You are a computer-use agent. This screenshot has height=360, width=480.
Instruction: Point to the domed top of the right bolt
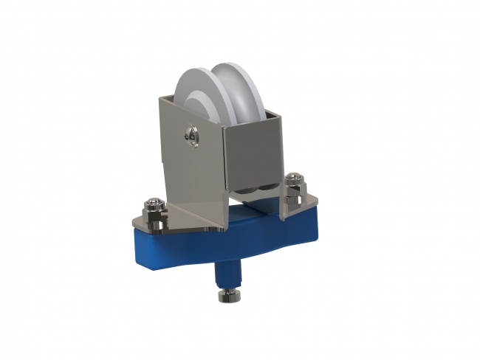pyautogui.click(x=295, y=176)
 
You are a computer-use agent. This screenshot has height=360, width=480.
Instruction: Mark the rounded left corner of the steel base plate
pyautogui.click(x=137, y=223)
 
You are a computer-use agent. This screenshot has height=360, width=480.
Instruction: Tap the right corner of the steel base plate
pyautogui.click(x=315, y=200)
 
